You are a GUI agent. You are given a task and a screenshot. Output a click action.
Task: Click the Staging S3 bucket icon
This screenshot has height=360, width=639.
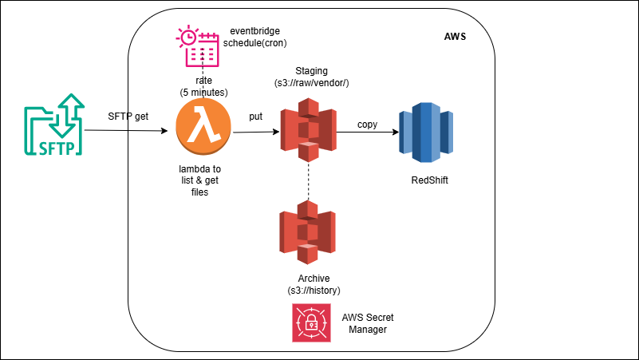[x=308, y=129]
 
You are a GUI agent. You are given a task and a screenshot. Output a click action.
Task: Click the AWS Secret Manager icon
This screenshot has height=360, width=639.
[x=312, y=323]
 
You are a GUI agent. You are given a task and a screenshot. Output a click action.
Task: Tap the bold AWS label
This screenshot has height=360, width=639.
[x=455, y=38]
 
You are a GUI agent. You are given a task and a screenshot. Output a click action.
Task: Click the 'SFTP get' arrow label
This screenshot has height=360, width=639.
[x=128, y=117]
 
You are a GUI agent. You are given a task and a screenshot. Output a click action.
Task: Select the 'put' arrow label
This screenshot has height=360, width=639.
[x=256, y=117]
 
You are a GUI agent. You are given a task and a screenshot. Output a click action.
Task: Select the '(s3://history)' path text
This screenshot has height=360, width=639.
[x=311, y=288]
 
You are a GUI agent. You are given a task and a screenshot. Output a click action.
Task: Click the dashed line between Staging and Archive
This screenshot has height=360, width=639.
[x=308, y=180]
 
